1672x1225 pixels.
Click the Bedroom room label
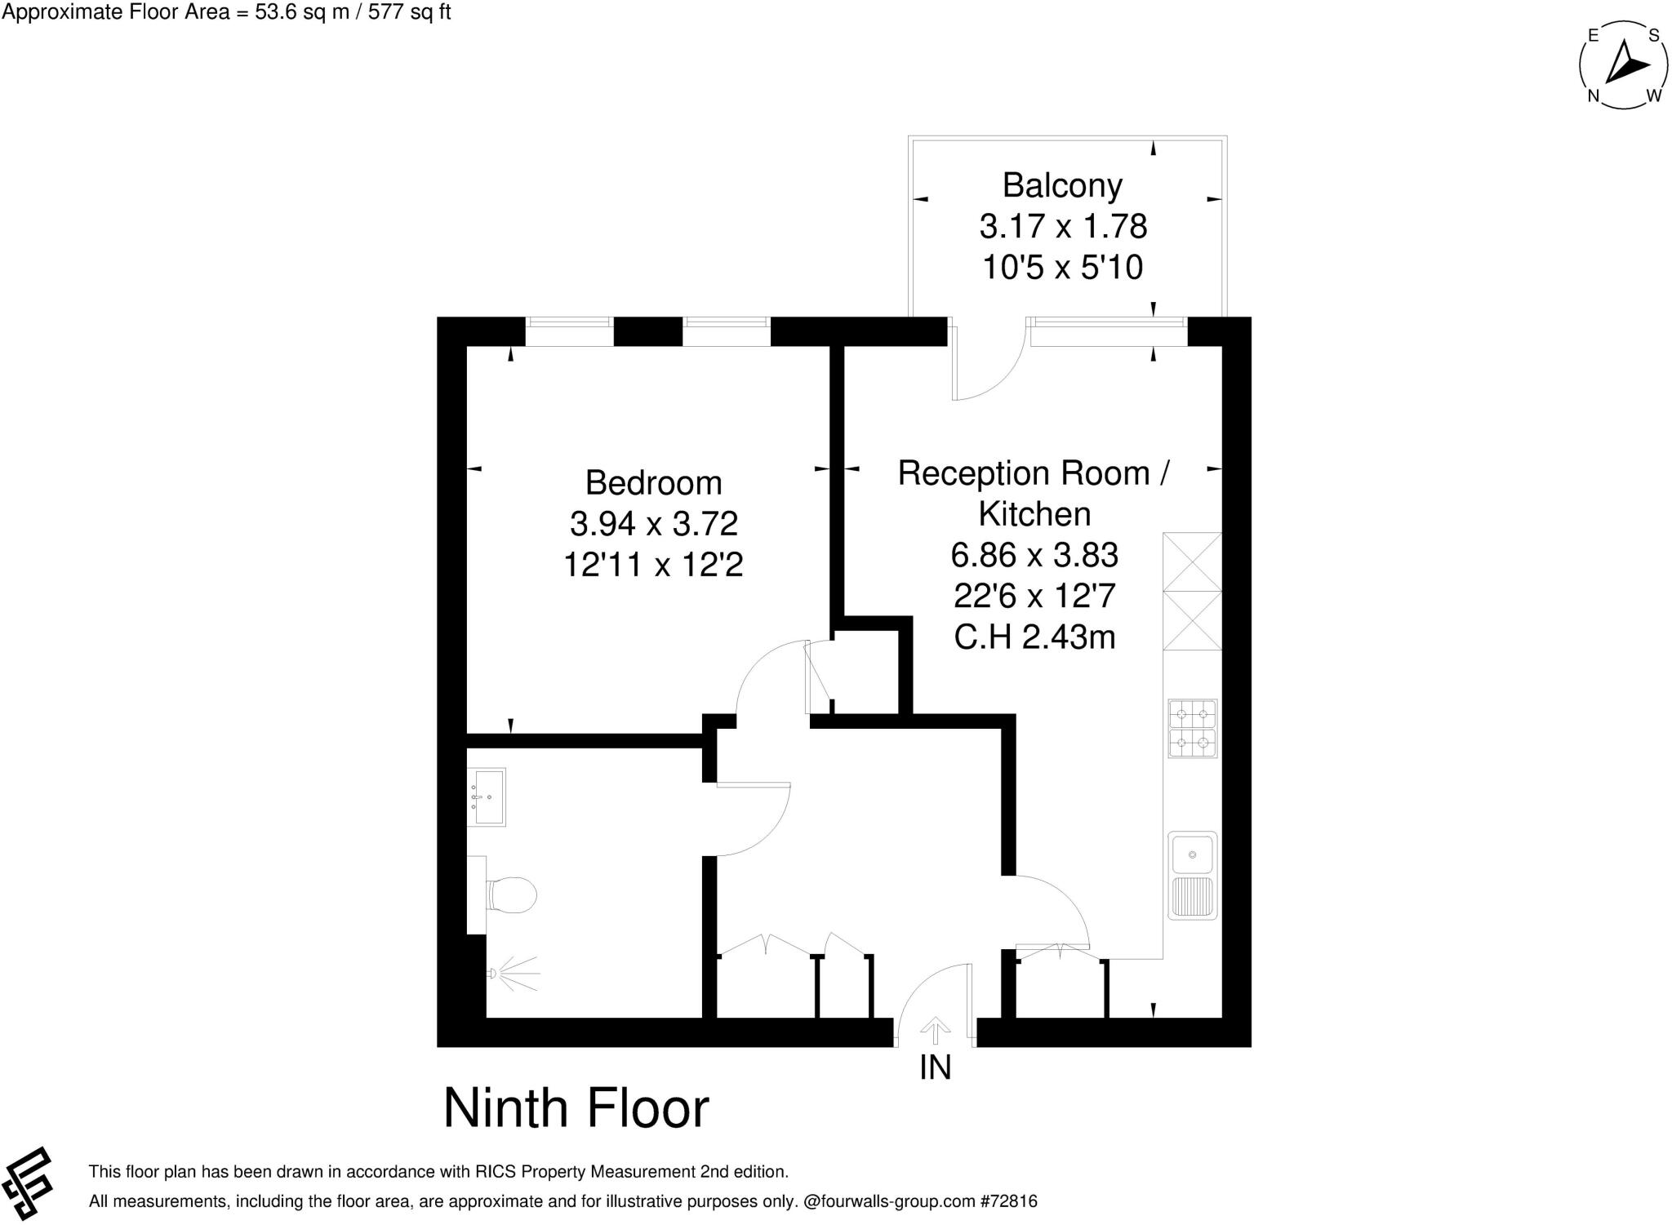coord(653,482)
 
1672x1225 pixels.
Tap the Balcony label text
coord(1062,185)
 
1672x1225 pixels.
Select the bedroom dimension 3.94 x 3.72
coord(653,523)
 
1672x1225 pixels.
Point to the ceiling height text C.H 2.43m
coord(1034,637)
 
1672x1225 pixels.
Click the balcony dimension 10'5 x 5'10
coord(1062,267)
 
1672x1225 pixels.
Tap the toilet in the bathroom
coord(509,894)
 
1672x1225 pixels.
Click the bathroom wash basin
coord(487,796)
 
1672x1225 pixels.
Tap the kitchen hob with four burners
coord(1193,728)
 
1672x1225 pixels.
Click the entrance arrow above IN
coord(935,1030)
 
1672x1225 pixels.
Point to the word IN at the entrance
coord(935,1067)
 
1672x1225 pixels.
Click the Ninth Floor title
coord(576,1107)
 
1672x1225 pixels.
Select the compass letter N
coord(1593,96)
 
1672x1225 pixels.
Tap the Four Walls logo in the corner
coord(28,1183)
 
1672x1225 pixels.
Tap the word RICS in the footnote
coord(496,1172)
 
